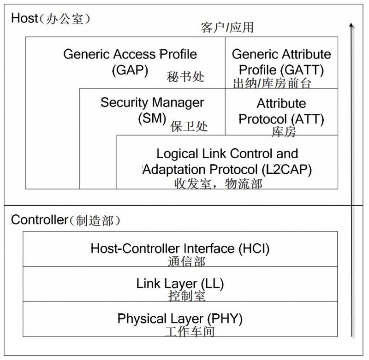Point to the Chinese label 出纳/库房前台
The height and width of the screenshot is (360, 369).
click(x=272, y=83)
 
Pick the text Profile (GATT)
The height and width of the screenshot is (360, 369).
click(x=281, y=71)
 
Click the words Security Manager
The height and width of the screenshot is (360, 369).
click(x=152, y=102)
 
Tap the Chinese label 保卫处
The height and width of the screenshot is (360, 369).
click(x=189, y=127)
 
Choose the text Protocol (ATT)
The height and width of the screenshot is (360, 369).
click(x=281, y=118)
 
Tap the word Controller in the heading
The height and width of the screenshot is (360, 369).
click(x=37, y=219)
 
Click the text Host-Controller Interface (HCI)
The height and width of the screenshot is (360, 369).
click(x=180, y=248)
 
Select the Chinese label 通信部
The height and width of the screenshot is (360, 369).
click(x=184, y=262)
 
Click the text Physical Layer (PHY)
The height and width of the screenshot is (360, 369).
click(x=180, y=318)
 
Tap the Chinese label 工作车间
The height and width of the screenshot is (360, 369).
click(x=189, y=331)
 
